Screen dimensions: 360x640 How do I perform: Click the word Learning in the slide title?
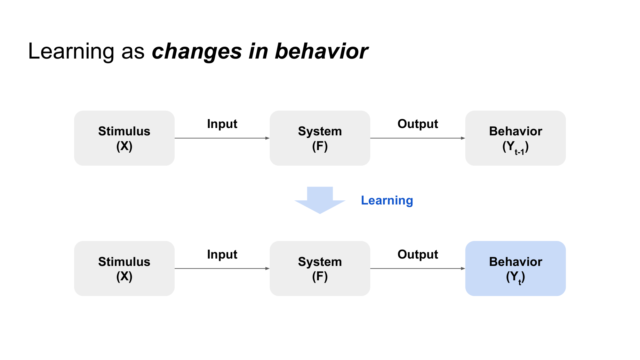(71, 51)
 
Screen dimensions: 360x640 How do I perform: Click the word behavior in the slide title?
(321, 51)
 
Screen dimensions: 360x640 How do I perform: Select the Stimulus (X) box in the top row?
(124, 138)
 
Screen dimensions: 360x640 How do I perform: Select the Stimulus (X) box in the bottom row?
(124, 268)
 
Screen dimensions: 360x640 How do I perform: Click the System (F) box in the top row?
(320, 138)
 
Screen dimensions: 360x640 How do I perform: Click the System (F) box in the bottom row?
(320, 268)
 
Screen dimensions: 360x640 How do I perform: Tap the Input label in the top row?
(222, 124)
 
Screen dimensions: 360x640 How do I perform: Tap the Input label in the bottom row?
(222, 254)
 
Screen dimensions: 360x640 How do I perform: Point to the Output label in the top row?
(418, 124)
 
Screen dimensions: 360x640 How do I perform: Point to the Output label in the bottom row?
(418, 254)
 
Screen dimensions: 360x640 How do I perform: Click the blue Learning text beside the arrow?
(387, 201)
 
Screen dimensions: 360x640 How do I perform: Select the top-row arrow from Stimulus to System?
(222, 138)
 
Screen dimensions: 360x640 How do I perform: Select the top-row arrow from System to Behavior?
(418, 138)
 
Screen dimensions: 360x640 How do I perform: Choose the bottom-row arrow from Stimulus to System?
(222, 268)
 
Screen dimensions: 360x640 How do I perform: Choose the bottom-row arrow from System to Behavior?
(418, 268)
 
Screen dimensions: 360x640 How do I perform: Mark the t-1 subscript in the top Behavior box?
(519, 152)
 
